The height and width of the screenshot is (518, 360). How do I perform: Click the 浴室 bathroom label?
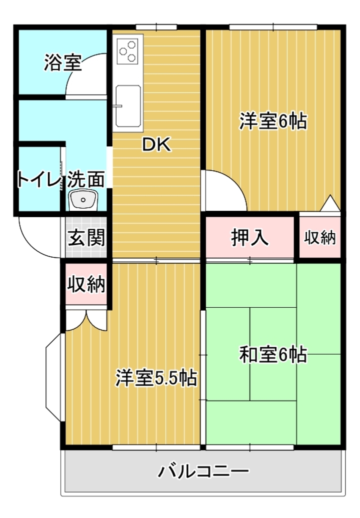[63, 63]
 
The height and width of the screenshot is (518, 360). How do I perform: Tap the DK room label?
[156, 145]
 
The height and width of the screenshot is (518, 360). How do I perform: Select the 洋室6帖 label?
[273, 121]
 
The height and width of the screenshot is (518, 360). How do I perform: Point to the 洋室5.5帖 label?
[156, 378]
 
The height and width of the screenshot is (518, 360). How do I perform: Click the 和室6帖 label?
[273, 355]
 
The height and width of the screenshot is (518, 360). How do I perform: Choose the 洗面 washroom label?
[86, 179]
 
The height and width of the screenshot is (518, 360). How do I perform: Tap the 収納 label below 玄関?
[86, 284]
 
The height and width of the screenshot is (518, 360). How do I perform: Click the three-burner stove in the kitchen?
[128, 51]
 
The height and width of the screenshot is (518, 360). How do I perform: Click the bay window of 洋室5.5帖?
[53, 377]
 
